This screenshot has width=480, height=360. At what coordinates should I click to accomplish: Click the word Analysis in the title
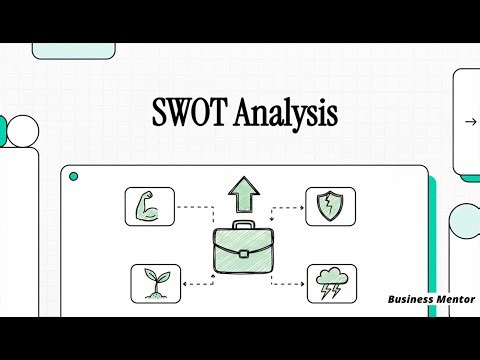coord(284,114)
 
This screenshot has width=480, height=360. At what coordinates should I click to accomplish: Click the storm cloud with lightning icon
coord(330,283)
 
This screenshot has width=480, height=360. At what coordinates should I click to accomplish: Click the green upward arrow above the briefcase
coord(241,193)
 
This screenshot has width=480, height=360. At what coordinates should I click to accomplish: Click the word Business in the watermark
coord(412,299)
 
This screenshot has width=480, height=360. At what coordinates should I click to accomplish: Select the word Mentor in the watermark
coord(456,299)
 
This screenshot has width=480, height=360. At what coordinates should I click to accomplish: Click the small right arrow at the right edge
coord(470,122)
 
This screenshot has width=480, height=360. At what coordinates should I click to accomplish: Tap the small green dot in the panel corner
coord(73,176)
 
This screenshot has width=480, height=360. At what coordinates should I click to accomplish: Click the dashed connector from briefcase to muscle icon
coord(195,210)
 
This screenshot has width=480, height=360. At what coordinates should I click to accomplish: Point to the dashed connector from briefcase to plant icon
coord(195,284)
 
